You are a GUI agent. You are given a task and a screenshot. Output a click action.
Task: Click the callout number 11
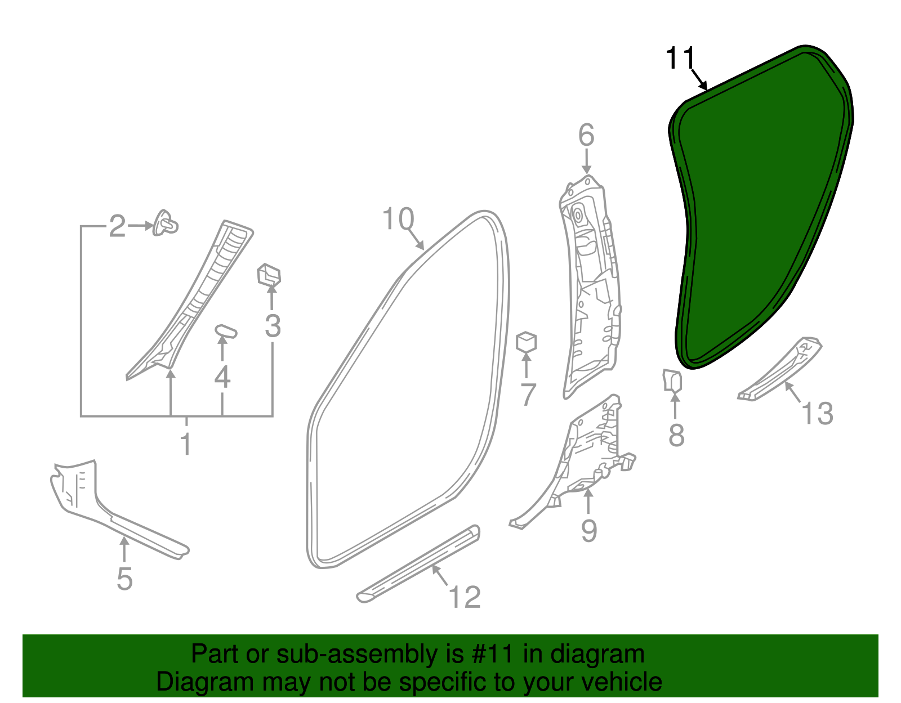680,59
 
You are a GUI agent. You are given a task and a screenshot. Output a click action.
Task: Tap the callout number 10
398,219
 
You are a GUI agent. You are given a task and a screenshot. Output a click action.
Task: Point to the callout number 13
817,413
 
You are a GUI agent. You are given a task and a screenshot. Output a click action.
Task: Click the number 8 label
676,435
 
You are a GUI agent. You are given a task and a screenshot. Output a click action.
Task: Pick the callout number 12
465,597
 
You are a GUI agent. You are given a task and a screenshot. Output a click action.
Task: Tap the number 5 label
125,579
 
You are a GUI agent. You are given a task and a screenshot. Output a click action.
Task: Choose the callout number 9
589,530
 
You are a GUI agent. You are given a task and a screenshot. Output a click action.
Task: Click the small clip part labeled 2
165,223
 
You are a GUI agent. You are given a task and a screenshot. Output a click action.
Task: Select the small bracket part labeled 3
269,275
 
